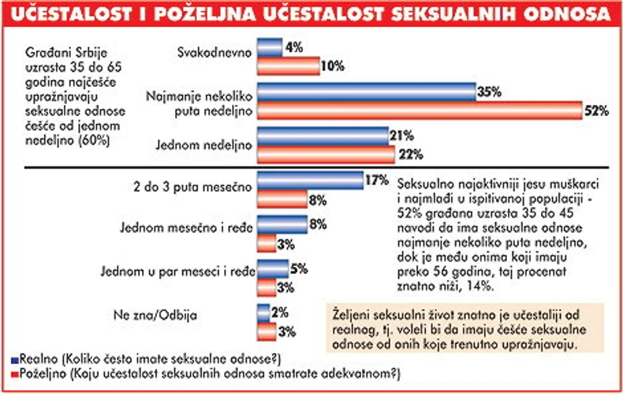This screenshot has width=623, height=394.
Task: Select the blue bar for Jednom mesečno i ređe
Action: click(282, 224)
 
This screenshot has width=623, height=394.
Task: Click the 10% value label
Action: click(333, 66)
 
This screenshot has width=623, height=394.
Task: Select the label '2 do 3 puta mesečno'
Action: click(192, 187)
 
